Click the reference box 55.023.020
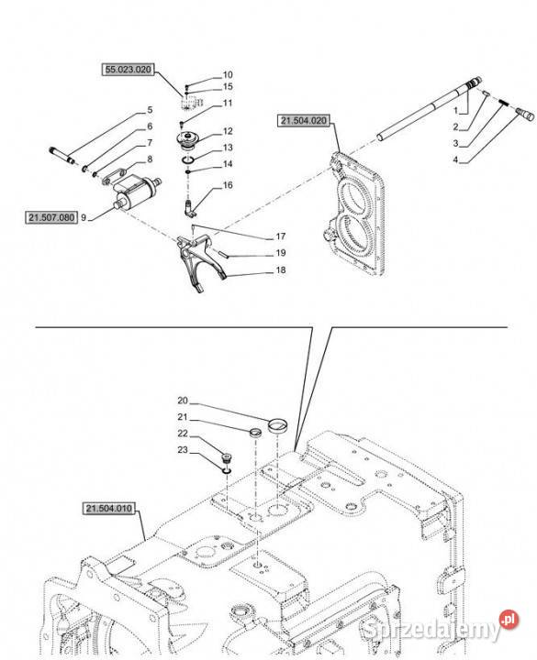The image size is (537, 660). coord(128,70)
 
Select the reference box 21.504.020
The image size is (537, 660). coord(304,121)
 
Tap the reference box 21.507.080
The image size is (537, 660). coord(51,217)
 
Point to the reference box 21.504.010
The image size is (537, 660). coord(109,509)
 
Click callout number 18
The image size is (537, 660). coord(281,269)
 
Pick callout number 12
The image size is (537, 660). coord(228,131)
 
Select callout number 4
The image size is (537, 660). coord(455,159)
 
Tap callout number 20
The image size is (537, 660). coord(183,401)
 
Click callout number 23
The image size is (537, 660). coord(183,449)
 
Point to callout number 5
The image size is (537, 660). coord(150,110)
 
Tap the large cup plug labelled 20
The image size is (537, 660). coord(278,424)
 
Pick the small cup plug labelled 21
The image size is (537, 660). coord(254,433)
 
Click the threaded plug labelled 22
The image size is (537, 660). coord(228,458)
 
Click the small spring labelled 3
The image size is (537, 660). coord(503,103)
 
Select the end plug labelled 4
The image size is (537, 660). coord(525,114)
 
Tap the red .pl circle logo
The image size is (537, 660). coord(509,619)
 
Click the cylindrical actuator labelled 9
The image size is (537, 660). coord(136,192)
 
